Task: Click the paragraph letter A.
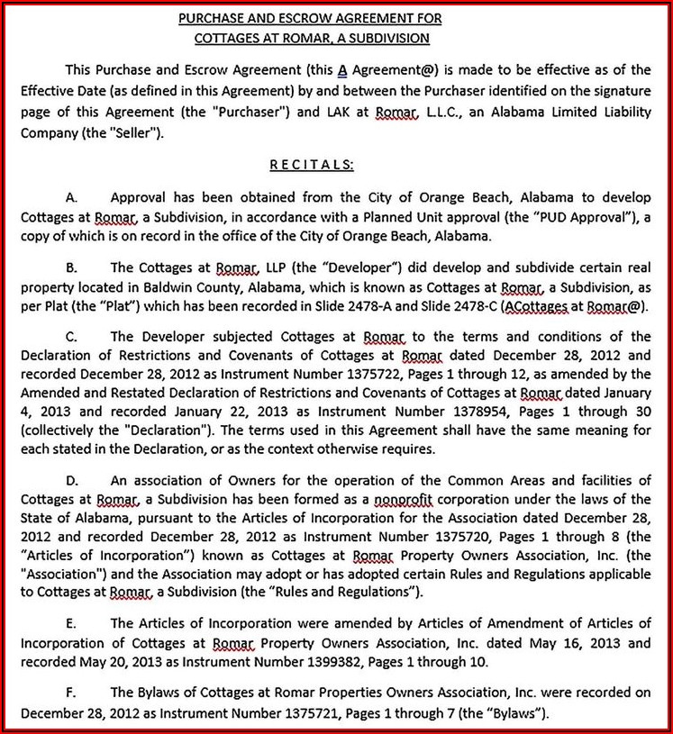72,196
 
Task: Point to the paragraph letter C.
72,336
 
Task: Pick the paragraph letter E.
72,622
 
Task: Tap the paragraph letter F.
72,693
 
